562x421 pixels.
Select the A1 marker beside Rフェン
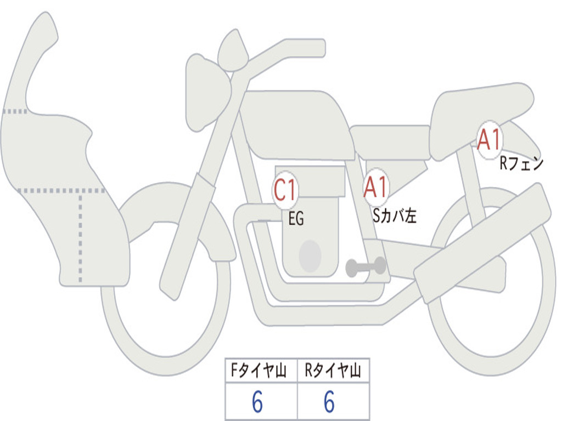tap(489, 140)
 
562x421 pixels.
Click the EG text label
tap(296, 219)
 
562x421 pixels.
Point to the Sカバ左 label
tap(395, 215)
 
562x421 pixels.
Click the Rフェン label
tap(521, 163)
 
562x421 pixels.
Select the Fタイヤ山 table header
tap(261, 372)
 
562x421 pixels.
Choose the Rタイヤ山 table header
tap(333, 372)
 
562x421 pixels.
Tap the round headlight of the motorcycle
tap(207, 90)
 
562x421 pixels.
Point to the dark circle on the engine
tap(310, 256)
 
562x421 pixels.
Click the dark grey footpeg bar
tap(366, 267)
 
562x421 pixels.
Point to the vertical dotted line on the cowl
tap(81, 236)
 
